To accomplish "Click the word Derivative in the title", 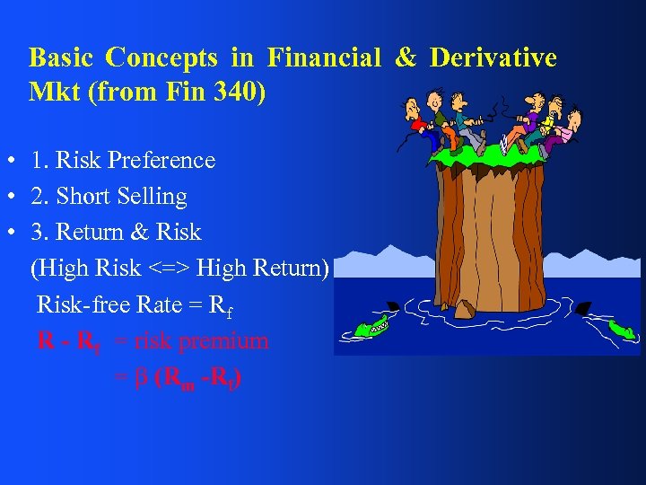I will pyautogui.click(x=493, y=58).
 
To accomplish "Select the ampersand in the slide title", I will pyautogui.click(x=406, y=58).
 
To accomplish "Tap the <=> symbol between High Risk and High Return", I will pyautogui.click(x=169, y=269).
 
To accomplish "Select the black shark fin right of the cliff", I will pyautogui.click(x=584, y=308).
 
